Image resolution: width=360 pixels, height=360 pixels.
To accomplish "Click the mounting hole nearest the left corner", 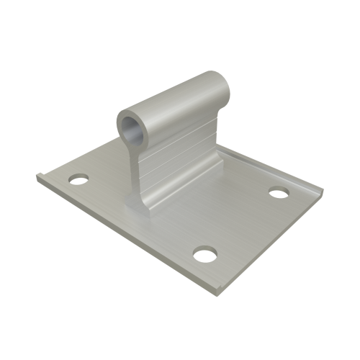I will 77,176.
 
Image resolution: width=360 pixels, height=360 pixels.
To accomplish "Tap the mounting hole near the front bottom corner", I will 205,253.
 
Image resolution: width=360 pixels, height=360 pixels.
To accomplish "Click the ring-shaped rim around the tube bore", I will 122,122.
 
